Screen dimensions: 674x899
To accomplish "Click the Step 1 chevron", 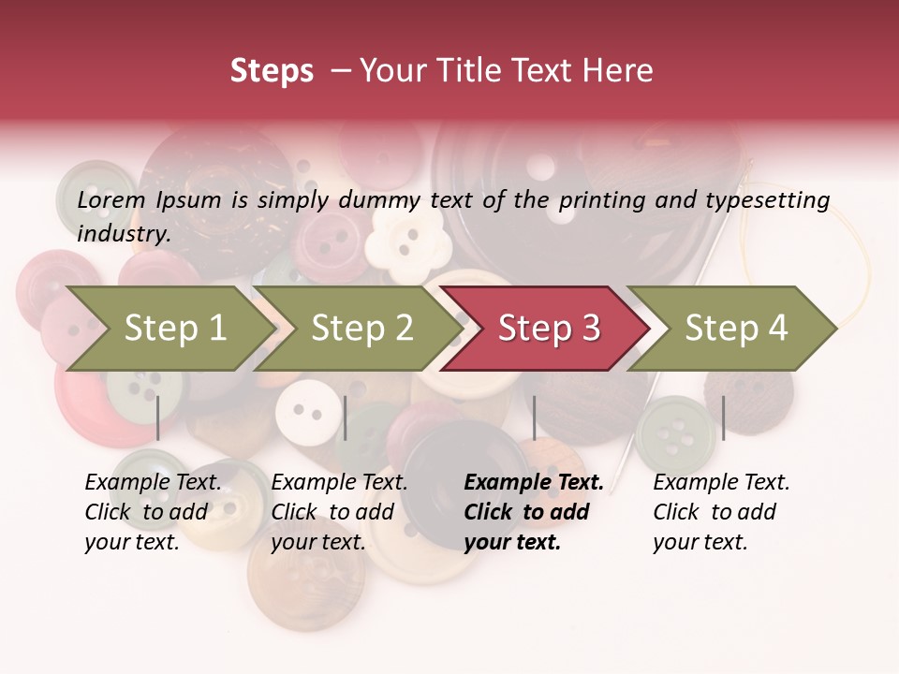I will point(175,329).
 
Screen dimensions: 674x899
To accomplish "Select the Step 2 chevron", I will point(361,329).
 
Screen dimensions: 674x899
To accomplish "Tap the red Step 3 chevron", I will point(549,329).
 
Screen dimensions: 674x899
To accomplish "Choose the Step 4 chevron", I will point(736,329).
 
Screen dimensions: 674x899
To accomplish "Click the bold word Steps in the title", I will point(272,71).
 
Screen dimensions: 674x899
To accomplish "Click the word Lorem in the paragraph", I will point(111,199).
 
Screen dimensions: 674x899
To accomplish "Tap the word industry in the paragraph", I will point(124,233).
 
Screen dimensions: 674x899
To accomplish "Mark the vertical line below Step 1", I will point(158,418).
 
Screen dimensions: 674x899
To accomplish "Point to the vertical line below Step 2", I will point(346,418).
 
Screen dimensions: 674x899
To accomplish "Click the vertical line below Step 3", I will point(534,418).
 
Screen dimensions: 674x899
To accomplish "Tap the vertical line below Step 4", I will point(723,418).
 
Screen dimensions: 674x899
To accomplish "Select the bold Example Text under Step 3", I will point(534,483).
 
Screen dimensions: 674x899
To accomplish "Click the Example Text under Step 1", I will point(154,483).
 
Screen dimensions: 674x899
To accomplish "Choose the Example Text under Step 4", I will point(721,483).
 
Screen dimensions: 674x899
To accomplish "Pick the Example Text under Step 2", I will point(339,483).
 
